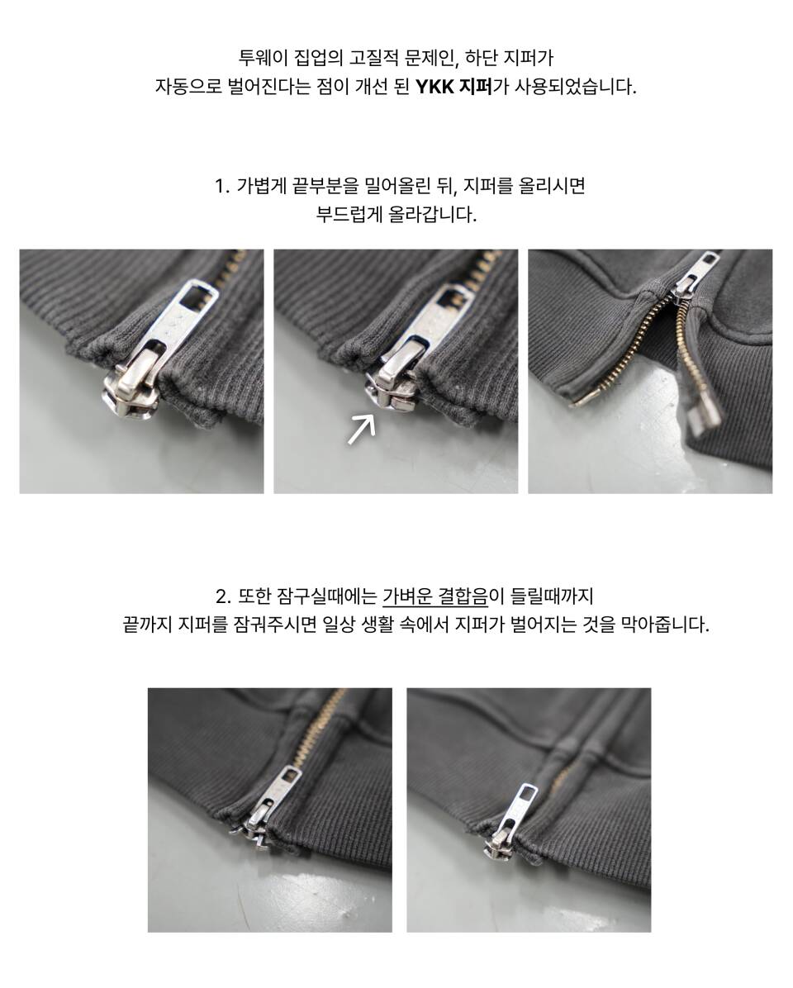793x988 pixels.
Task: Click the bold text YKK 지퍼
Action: [453, 86]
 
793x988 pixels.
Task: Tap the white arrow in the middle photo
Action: [362, 429]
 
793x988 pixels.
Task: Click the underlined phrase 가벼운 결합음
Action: [435, 596]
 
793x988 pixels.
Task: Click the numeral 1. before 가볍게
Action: [222, 187]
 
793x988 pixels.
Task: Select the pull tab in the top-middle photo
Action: [436, 318]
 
